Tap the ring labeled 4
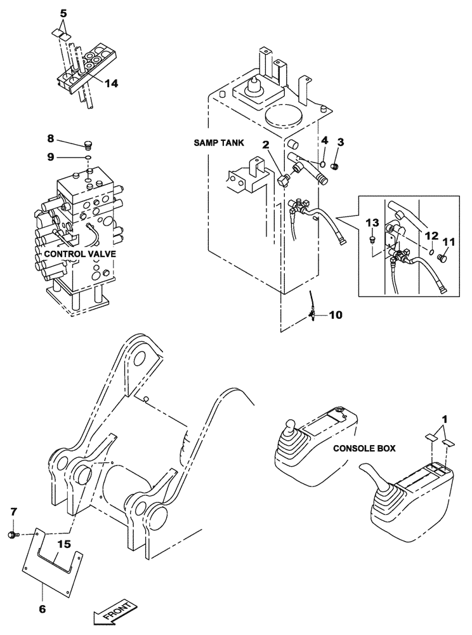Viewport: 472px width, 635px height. click(x=324, y=168)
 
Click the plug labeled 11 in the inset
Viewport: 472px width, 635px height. click(x=442, y=258)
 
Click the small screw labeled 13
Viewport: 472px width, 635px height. click(x=373, y=240)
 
